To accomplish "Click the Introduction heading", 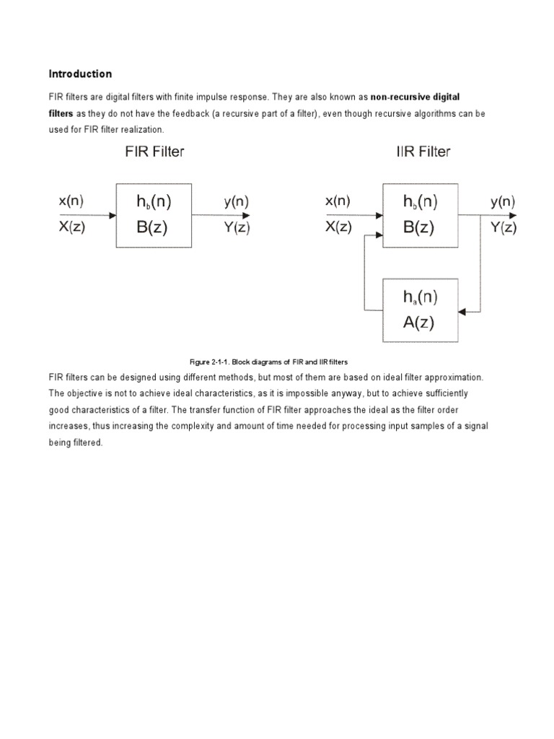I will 80,74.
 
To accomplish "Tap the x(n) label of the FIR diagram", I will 71,202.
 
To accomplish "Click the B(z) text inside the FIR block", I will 154,227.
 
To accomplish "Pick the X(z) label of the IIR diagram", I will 338,227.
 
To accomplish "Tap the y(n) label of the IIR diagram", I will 504,202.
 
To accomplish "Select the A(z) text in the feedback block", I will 419,322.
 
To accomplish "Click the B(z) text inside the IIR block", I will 419,227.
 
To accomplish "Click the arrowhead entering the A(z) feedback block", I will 463,312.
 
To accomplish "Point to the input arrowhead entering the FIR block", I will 113,215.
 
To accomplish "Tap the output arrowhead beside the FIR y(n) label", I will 247,215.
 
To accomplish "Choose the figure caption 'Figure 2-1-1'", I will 208,361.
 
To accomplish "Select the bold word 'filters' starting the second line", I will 61,113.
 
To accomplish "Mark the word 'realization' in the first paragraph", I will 143,130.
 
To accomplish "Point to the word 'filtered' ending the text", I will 87,442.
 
